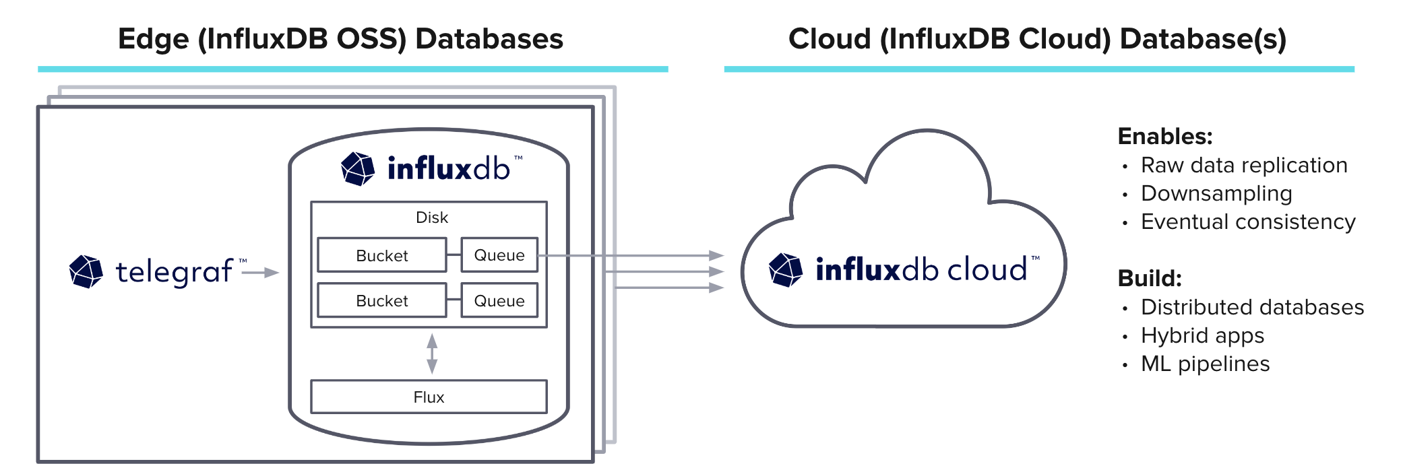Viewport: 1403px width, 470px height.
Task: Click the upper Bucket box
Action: (381, 255)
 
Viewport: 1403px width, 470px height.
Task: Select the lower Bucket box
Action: (381, 300)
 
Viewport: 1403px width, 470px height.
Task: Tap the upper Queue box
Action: (499, 255)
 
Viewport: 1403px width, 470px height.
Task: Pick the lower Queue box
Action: (499, 300)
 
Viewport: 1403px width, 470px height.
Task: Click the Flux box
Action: (429, 397)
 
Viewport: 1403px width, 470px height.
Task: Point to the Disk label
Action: (432, 217)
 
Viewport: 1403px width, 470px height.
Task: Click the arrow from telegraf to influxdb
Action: (260, 272)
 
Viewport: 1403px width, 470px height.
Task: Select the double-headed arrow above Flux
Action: (432, 354)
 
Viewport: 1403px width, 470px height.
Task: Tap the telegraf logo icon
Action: (86, 271)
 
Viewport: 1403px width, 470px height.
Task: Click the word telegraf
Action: (174, 272)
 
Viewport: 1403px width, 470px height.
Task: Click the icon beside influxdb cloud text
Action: (786, 269)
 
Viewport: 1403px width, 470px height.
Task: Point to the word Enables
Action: (1164, 137)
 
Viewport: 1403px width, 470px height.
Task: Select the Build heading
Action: (1150, 278)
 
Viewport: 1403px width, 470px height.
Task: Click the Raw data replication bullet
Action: (1243, 165)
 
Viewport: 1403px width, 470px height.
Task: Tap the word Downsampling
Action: (1216, 193)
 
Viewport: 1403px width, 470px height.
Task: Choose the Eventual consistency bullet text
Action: (1248, 222)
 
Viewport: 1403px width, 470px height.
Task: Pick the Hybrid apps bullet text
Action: (1202, 335)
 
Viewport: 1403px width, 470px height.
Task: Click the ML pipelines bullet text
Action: (1205, 364)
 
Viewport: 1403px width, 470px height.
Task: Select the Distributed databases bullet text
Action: (1252, 307)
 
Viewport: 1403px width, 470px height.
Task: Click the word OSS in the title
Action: (371, 39)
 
